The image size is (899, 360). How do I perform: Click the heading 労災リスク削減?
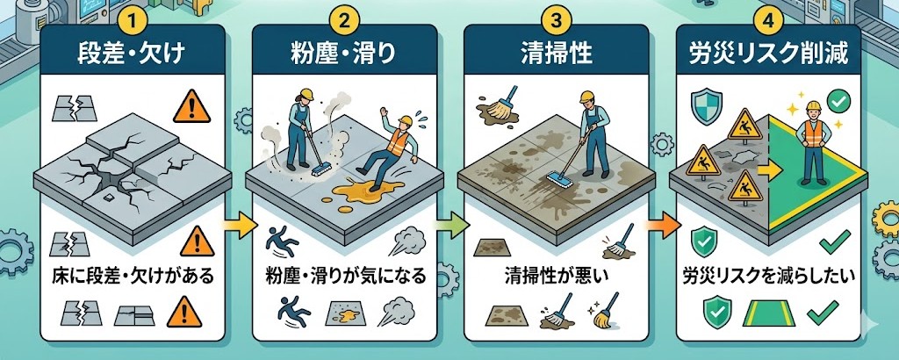[767, 56]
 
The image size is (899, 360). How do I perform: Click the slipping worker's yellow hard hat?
[406, 120]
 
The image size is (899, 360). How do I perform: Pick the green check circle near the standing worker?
[839, 101]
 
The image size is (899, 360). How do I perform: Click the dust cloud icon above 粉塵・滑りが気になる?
[403, 241]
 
